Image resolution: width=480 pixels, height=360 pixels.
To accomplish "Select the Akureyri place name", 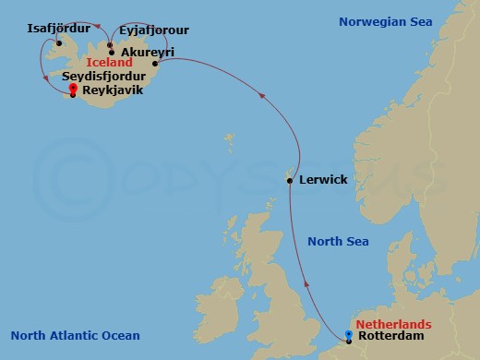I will pos(148,53).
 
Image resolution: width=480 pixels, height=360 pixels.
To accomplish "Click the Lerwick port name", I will pos(323,179).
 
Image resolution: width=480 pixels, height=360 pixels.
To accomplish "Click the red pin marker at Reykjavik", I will pos(73,89).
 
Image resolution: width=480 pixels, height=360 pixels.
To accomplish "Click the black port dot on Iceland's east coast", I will pos(154,65).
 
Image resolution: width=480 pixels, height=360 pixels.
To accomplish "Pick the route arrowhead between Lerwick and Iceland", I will pos(264,93).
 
